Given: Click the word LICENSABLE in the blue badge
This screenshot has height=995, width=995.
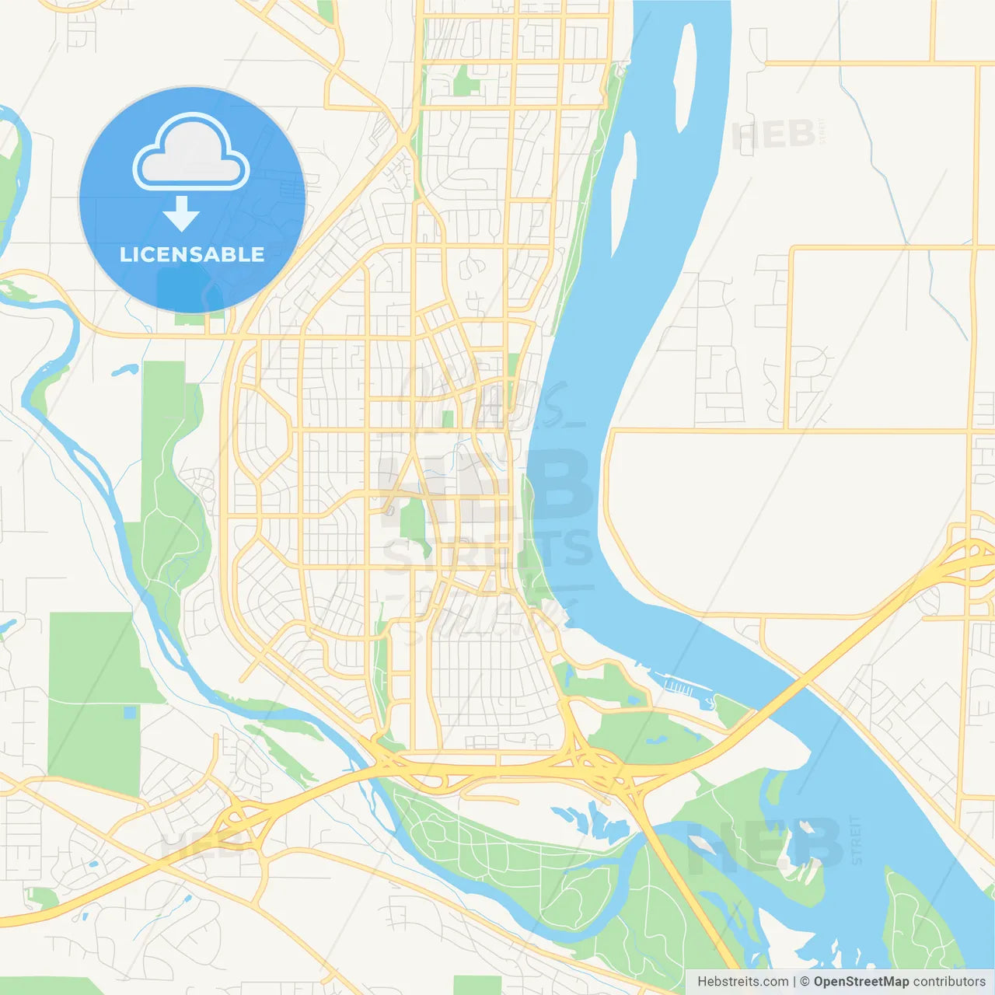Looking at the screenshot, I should point(192,254).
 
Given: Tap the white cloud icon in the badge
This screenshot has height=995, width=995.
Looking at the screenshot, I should point(191,154).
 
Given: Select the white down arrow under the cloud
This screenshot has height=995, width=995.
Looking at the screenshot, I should point(181,214).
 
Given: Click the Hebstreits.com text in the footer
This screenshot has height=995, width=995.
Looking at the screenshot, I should point(742,982).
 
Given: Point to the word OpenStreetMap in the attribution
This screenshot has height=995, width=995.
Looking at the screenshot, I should point(861,982).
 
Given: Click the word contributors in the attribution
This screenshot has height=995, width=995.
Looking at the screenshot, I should point(948,982).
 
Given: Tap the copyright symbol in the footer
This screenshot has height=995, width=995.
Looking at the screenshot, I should point(805,982).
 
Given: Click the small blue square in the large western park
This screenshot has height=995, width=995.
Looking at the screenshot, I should point(129,712).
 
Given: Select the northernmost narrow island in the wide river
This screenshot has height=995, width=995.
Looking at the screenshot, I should point(685,78).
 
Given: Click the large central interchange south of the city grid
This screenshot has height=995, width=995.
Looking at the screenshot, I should point(595,766).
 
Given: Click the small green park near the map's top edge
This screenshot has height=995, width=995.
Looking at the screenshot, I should point(466,81).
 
